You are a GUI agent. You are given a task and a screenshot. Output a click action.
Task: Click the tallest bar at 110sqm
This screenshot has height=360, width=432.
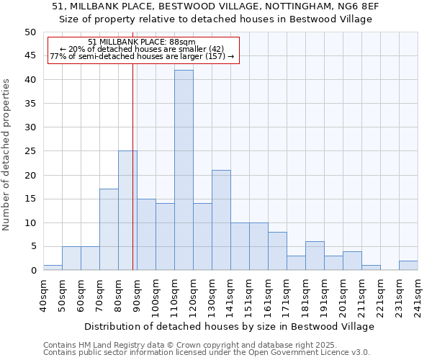pyautogui.click(x=184, y=170)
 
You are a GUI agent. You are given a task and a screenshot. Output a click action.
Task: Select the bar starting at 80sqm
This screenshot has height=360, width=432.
pyautogui.click(x=127, y=210)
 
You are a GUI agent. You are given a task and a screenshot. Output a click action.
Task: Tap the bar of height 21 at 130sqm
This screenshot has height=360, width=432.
pyautogui.click(x=221, y=220)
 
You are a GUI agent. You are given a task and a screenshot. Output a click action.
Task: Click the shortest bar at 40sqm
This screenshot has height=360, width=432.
pyautogui.click(x=53, y=268)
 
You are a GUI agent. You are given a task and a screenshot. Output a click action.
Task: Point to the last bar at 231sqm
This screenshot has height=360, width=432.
pyautogui.click(x=408, y=265)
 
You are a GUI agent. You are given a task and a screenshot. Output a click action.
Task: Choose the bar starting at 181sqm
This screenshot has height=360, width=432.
pyautogui.click(x=315, y=256)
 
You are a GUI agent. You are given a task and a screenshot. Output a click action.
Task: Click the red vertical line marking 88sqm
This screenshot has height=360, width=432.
pyautogui.click(x=133, y=180)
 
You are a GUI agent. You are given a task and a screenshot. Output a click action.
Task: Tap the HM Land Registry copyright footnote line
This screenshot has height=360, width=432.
pyautogui.click(x=189, y=345)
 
